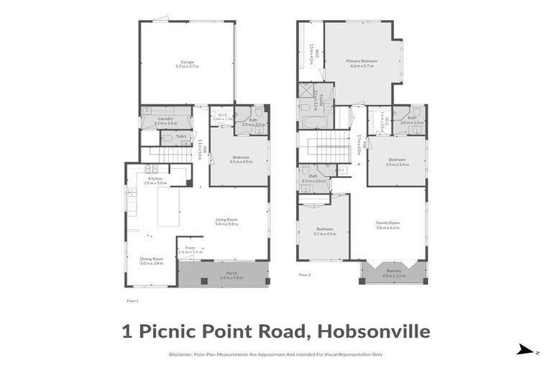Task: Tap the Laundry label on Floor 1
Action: (165, 120)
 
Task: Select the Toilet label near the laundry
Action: (180, 135)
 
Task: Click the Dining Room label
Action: (151, 261)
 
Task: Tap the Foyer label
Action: (186, 250)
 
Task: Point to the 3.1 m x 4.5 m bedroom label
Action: (325, 231)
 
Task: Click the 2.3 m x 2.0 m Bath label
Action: (313, 178)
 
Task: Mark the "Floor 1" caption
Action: (132, 301)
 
